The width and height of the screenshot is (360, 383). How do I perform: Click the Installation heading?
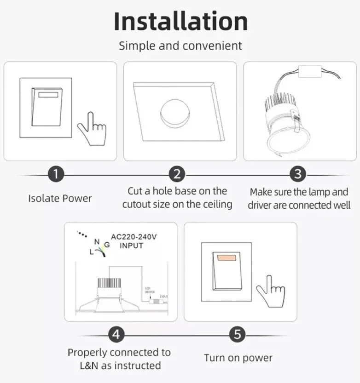(180, 22)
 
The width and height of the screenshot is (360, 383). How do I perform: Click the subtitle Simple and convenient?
(180, 46)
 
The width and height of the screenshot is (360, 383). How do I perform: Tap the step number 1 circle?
(56, 175)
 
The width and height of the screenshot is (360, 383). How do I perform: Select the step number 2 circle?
(177, 175)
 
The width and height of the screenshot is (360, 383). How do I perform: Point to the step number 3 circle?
(298, 175)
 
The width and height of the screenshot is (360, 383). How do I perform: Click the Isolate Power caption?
(60, 199)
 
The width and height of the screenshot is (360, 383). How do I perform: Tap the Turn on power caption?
(238, 358)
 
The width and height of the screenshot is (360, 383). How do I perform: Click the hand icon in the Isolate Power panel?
(93, 129)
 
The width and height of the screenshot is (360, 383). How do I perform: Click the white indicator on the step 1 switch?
(48, 95)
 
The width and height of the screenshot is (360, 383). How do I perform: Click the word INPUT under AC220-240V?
(132, 246)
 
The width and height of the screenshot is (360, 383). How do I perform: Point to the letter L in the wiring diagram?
(91, 252)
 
